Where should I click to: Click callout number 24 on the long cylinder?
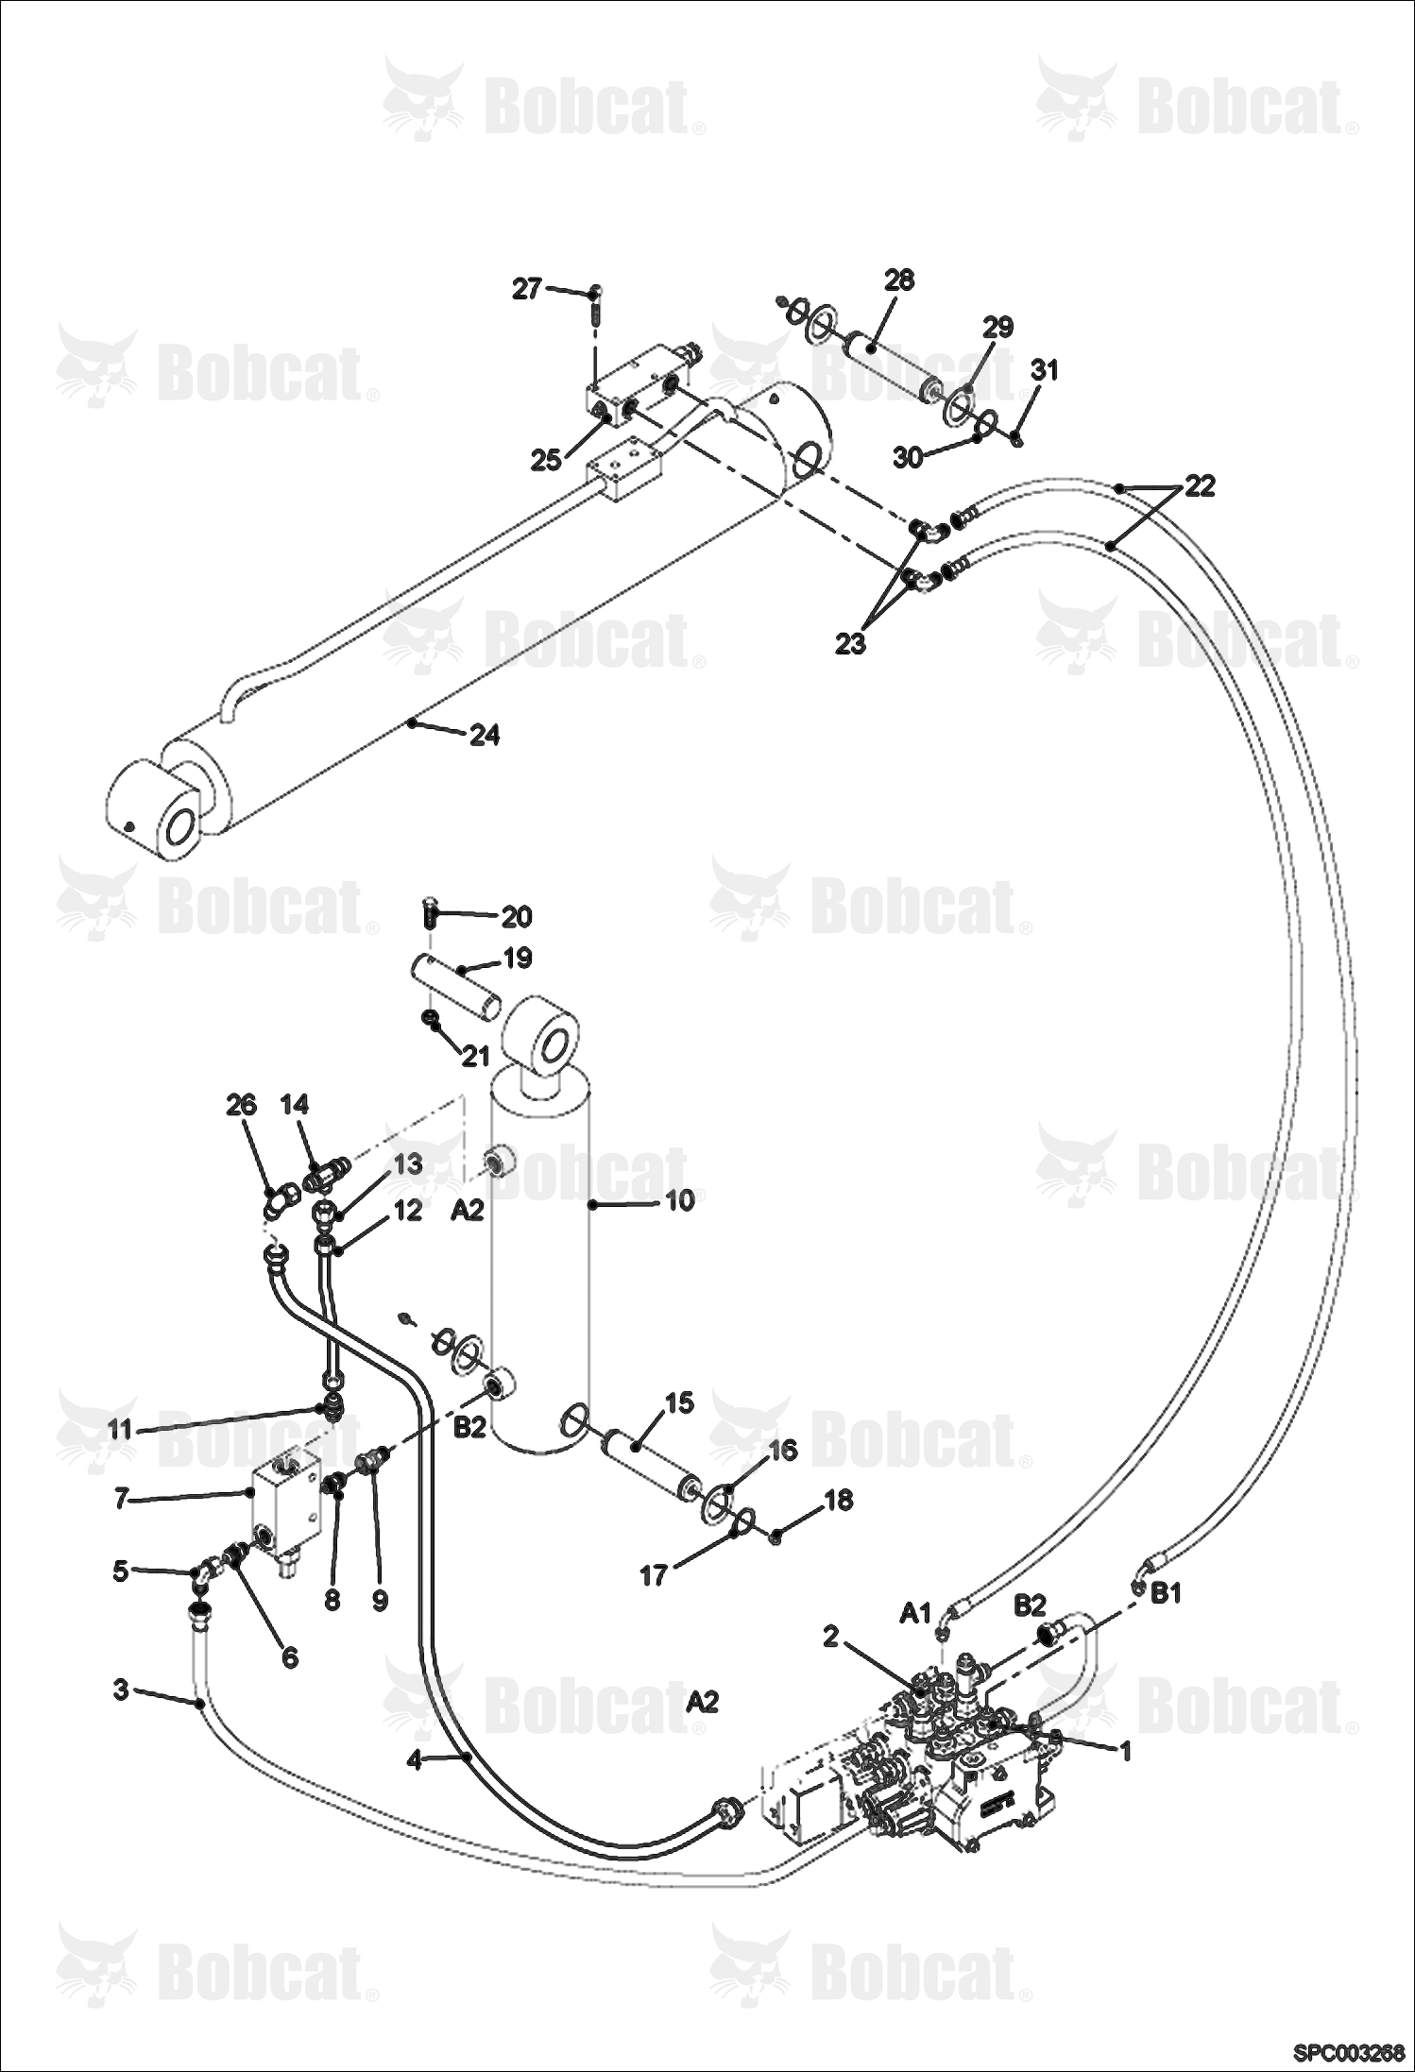[485, 734]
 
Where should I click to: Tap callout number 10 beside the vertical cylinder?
[679, 1200]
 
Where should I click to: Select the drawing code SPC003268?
[1349, 2051]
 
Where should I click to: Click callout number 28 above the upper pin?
[899, 280]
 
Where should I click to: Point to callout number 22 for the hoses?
[1200, 486]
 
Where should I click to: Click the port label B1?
[1167, 1593]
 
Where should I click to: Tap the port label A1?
[915, 1613]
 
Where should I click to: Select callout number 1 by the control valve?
[1124, 1751]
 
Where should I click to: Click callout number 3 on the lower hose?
[120, 1689]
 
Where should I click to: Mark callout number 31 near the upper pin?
[1044, 370]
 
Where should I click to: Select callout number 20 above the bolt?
[517, 915]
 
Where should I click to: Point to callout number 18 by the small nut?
[839, 1499]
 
